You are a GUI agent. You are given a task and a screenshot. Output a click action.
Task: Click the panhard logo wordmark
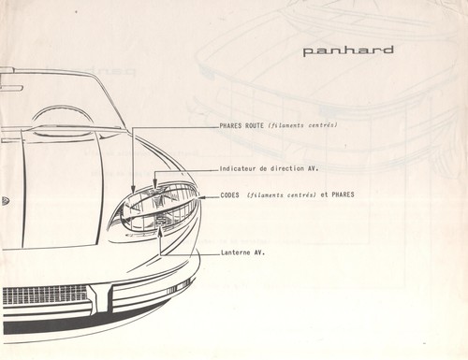point(348,51)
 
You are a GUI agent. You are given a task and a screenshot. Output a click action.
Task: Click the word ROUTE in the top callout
point(255,125)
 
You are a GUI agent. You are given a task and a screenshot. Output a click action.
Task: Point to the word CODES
point(230,195)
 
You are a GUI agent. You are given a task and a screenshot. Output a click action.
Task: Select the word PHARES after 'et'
point(343,194)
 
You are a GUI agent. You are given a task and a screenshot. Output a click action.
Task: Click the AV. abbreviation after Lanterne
point(259,252)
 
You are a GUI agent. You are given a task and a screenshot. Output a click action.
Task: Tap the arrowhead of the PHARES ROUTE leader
point(133,190)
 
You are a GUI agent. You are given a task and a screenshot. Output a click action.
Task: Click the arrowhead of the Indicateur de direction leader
point(154,184)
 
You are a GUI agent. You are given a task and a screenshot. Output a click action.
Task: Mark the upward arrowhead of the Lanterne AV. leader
point(160,231)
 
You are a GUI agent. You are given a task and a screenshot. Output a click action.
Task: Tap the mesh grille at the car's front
point(45,295)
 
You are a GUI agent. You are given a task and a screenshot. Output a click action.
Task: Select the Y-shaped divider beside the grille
point(100,298)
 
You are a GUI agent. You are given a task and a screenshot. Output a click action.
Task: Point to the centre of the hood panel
point(63,190)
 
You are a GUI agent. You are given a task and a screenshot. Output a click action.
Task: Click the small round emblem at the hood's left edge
point(5,201)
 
